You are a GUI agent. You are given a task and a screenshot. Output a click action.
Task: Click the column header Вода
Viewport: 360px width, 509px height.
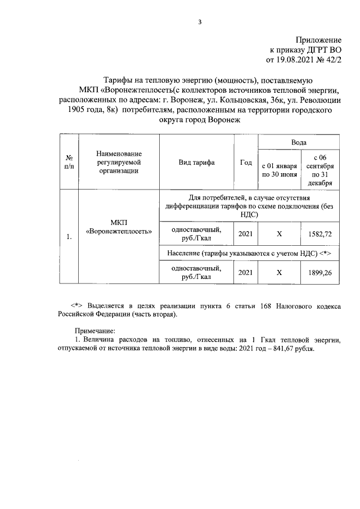point(299,143)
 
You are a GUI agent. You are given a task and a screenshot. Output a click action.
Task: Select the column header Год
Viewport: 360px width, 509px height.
point(245,163)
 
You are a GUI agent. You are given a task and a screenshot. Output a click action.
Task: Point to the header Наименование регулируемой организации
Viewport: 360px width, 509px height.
point(119,163)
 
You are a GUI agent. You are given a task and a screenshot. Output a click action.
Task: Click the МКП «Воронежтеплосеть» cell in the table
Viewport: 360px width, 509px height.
point(119,227)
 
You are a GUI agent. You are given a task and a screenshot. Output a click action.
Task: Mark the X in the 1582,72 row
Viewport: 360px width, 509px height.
point(279,233)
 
